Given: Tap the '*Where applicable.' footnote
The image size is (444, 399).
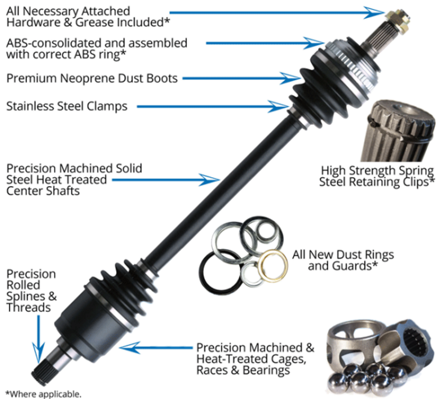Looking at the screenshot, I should (43, 394).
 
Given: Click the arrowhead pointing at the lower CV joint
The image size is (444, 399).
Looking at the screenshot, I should (128, 347).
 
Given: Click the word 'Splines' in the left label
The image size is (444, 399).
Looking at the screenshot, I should (26, 296).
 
